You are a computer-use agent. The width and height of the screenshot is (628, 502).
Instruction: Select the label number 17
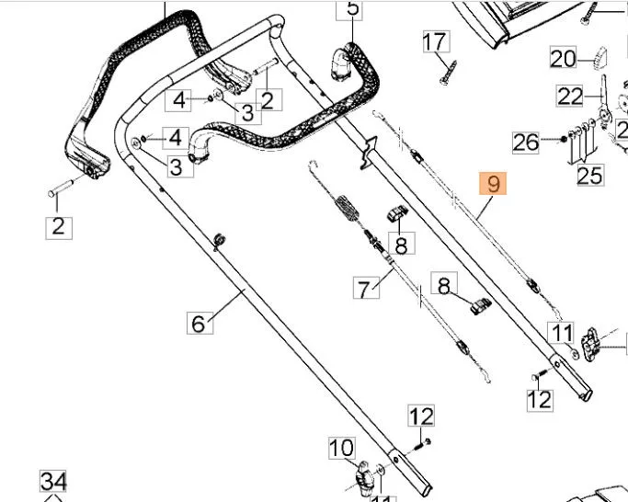[x=434, y=41]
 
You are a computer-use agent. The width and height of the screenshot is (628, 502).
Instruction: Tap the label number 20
[x=563, y=59]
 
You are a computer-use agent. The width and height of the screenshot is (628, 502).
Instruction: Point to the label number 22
[x=571, y=95]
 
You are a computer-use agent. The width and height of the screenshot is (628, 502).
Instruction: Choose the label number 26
[x=526, y=142]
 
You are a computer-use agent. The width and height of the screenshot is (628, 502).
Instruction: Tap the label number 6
[x=197, y=324]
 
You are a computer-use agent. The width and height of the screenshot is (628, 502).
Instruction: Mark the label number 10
[x=342, y=449]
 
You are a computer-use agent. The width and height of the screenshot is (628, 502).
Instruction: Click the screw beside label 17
[x=449, y=72]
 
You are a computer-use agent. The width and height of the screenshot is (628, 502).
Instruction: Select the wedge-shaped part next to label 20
[x=599, y=57]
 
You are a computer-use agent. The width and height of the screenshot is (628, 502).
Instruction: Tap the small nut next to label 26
[x=561, y=140]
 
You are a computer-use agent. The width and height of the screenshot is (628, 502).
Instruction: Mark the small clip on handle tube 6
[x=218, y=240]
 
